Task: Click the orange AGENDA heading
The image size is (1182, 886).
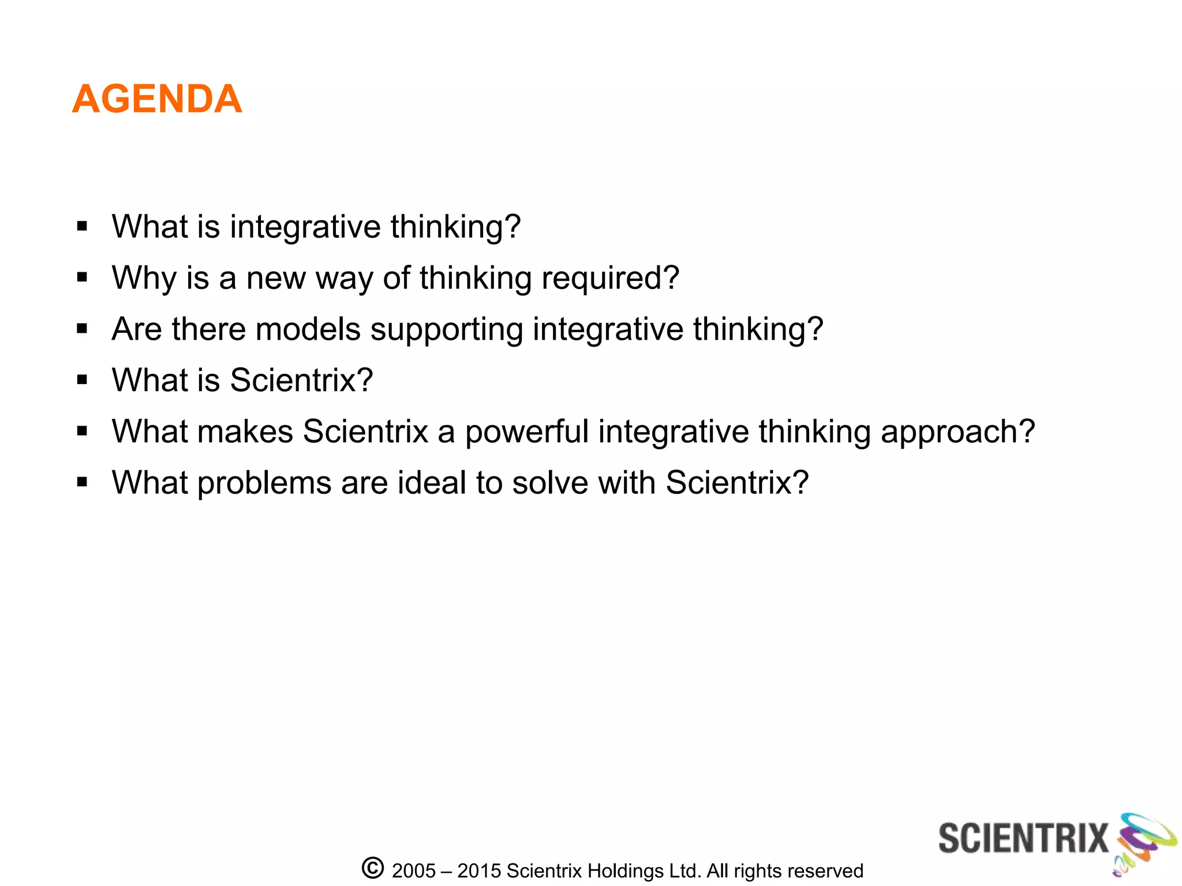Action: click(157, 99)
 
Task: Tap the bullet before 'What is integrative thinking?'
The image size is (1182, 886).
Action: click(82, 226)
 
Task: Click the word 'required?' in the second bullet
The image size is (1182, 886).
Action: click(610, 278)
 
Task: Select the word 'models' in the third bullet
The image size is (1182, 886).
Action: click(308, 329)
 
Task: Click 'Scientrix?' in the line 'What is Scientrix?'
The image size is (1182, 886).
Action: click(301, 380)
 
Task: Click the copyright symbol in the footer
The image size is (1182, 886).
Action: click(373, 868)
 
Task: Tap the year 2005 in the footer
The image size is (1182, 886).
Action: click(413, 871)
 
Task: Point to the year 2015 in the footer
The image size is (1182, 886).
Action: click(478, 871)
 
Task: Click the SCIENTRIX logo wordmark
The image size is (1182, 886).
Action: click(1023, 838)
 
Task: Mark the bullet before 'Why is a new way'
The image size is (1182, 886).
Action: click(82, 277)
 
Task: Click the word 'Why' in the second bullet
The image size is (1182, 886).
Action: click(144, 279)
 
